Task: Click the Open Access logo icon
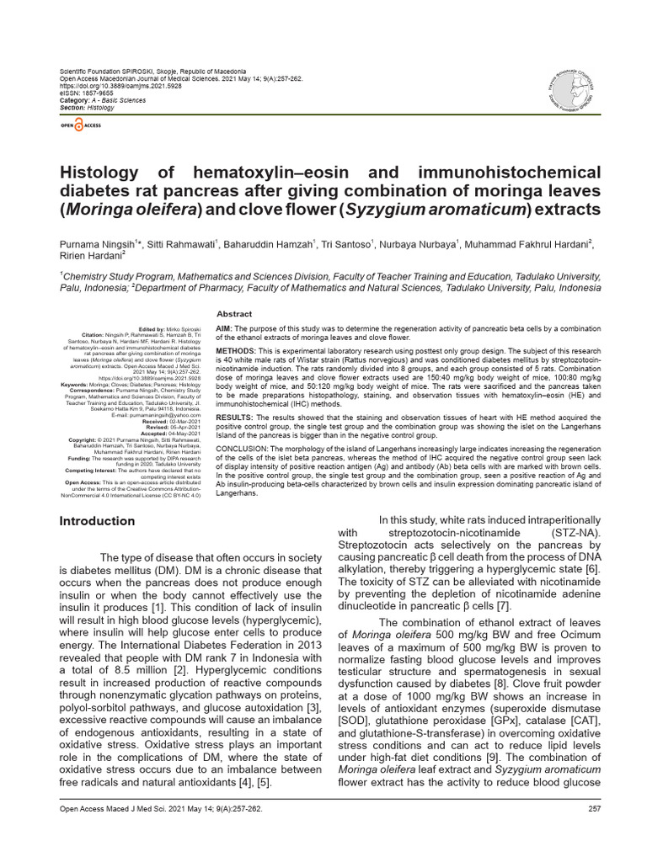pyautogui.click(x=79, y=125)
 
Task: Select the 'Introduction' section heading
pyautogui.click(x=98, y=521)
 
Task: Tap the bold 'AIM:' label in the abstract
pyautogui.click(x=225, y=327)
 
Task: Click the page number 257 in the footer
pyautogui.click(x=593, y=833)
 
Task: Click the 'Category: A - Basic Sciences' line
pyautogui.click(x=101, y=100)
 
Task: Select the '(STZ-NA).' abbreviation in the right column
pyautogui.click(x=572, y=532)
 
